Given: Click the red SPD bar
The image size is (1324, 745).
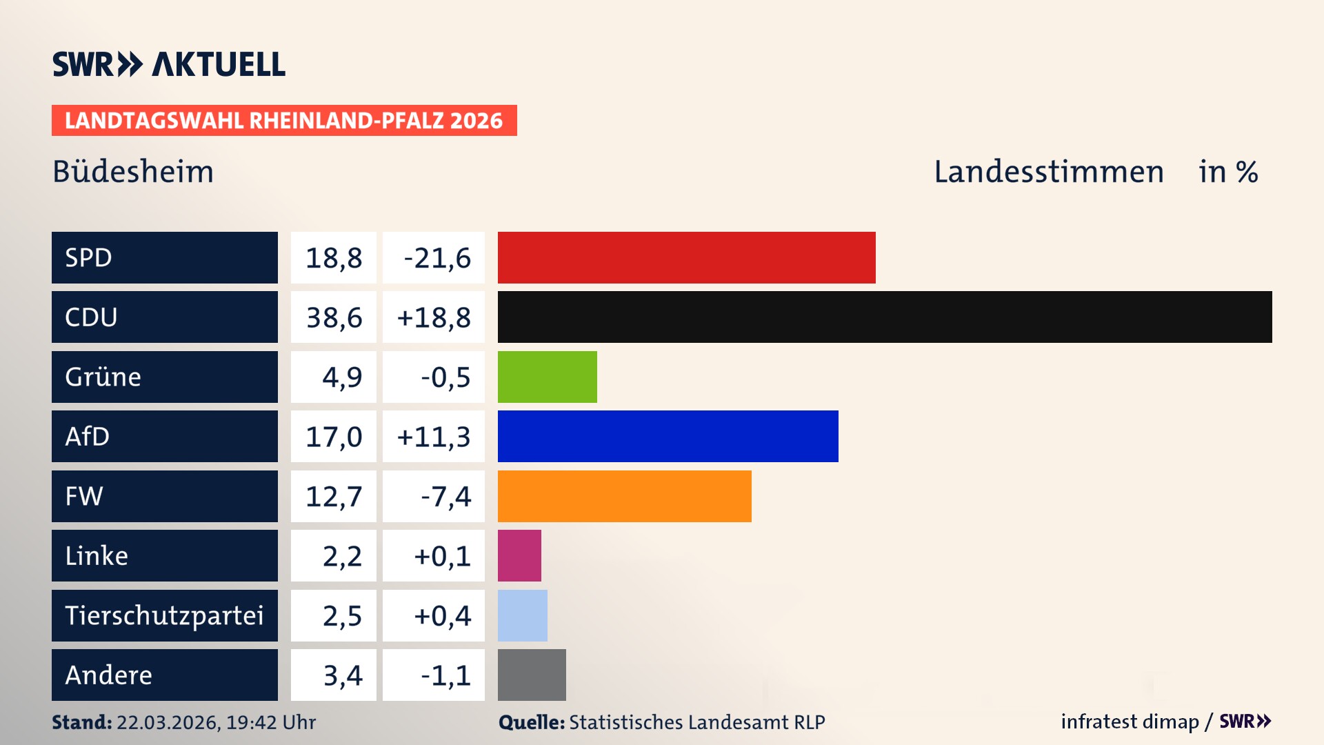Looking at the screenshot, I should [686, 257].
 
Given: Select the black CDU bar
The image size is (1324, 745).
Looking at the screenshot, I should [885, 317].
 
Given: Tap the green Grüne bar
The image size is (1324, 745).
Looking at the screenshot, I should [547, 377].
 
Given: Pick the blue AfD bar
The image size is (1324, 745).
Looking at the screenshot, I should [668, 436].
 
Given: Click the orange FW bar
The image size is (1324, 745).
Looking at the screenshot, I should [624, 496].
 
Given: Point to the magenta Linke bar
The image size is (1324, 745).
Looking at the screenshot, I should [519, 555].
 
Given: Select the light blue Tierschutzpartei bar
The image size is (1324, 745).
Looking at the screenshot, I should [522, 615].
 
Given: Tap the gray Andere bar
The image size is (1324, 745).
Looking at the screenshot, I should [532, 675].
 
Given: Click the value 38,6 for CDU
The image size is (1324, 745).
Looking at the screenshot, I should [334, 317].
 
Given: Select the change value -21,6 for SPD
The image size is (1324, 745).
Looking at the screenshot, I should [437, 258].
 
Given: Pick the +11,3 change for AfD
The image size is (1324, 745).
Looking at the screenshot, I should [434, 437].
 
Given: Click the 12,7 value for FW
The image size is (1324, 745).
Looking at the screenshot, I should [334, 497].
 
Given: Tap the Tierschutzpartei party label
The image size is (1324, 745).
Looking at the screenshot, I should [164, 615].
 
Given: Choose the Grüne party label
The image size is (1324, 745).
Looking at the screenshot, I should [103, 377].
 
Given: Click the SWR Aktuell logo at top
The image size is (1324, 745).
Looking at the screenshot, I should [169, 64].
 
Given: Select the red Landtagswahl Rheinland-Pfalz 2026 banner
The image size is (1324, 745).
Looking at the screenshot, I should [283, 121].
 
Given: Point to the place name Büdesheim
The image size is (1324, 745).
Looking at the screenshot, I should [133, 172].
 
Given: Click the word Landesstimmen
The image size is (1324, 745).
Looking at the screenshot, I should [1048, 172].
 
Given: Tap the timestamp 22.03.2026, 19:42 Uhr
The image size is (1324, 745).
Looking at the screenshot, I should [216, 722].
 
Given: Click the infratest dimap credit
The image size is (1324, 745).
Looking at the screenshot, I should [1130, 722].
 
